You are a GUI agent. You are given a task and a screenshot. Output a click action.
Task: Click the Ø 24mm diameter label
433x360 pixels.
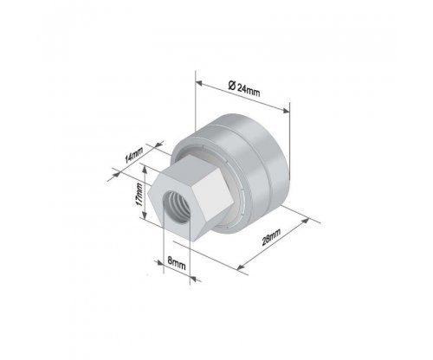[x=244, y=89]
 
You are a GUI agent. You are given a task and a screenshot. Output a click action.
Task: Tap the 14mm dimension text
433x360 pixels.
[x=133, y=155]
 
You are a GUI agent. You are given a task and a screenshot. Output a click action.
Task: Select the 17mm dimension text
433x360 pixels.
[x=139, y=195]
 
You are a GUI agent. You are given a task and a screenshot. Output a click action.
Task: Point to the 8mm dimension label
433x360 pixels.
[x=177, y=263]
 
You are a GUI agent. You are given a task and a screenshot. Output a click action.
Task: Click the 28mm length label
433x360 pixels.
[x=271, y=237]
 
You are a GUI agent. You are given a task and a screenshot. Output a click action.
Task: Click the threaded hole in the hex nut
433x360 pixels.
[x=177, y=206]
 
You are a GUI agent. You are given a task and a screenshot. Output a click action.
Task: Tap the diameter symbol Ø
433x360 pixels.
[x=231, y=86]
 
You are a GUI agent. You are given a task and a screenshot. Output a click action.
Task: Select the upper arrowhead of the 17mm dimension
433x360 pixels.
[x=145, y=170]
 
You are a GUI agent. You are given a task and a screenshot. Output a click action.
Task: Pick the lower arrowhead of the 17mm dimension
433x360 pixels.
[x=145, y=215]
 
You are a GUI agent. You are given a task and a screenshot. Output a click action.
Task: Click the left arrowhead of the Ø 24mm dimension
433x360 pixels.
[x=200, y=83]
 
